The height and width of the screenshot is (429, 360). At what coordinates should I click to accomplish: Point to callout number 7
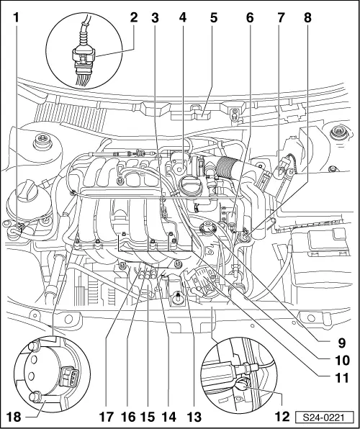pos(279,13)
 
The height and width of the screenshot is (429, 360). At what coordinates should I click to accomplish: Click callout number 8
pos(307,13)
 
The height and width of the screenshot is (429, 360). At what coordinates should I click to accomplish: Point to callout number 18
pos(12,415)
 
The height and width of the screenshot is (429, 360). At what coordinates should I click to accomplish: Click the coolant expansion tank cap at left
pos(32,192)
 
